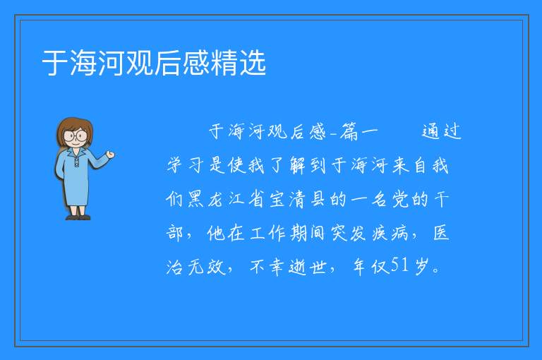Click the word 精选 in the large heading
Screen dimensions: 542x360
(x=238, y=63)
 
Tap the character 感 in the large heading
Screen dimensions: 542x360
(x=196, y=63)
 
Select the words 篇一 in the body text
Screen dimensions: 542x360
(x=359, y=132)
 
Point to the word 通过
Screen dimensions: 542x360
(x=442, y=131)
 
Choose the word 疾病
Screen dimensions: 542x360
(x=390, y=234)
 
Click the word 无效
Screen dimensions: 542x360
(x=207, y=267)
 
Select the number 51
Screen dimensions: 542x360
(x=400, y=265)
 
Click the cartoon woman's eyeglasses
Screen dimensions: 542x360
(x=76, y=136)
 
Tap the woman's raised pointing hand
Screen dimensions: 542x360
(x=110, y=155)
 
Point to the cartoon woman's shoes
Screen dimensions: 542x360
(x=78, y=217)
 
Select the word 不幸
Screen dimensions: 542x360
(x=267, y=267)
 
